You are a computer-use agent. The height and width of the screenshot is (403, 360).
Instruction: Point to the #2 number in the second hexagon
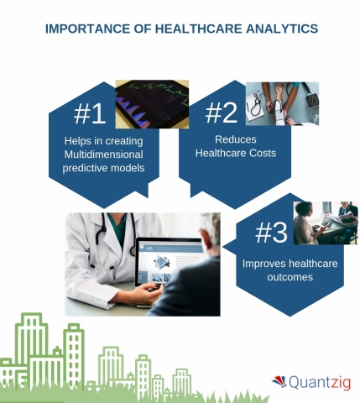click(222, 113)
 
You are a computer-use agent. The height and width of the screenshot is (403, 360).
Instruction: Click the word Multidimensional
click(102, 154)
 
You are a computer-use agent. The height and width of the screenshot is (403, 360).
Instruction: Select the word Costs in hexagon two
click(259, 153)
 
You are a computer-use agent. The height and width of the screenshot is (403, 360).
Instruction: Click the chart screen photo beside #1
click(151, 104)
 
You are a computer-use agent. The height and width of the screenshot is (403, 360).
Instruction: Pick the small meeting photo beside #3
click(326, 222)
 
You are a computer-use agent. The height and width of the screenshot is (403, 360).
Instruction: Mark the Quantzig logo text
click(319, 382)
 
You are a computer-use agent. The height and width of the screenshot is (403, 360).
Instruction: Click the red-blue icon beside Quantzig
click(279, 382)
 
